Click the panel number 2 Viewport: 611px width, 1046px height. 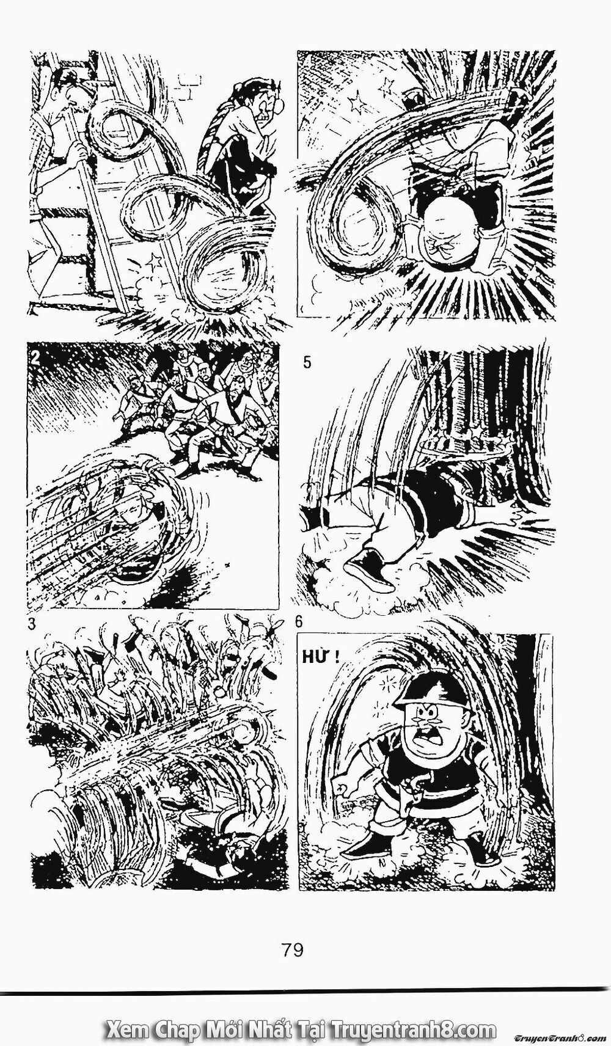coord(36,359)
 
